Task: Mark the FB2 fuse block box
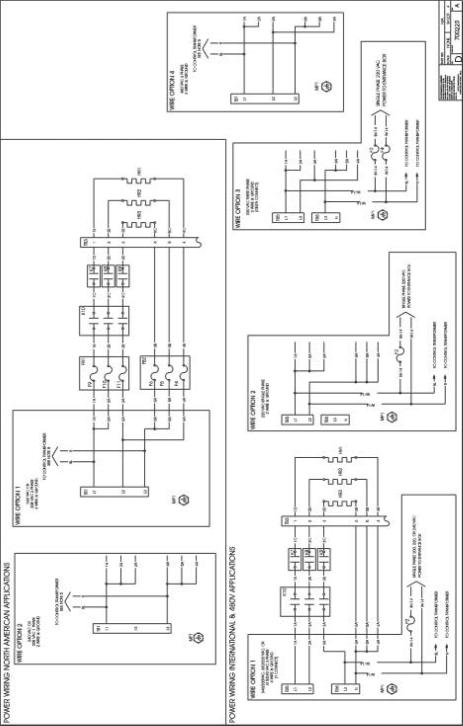coord(165,373)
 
